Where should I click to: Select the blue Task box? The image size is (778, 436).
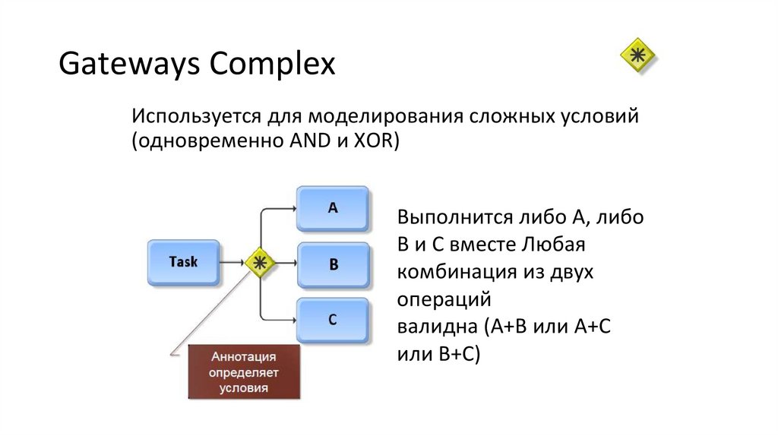(x=183, y=262)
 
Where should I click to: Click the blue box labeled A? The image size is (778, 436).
(x=333, y=207)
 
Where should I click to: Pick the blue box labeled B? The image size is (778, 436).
(x=333, y=264)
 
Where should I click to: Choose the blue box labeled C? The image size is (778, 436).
(x=333, y=320)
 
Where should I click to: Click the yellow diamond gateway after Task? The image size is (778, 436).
(x=260, y=263)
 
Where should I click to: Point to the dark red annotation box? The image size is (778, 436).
(x=245, y=372)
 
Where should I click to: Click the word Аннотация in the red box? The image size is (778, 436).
(x=245, y=357)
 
